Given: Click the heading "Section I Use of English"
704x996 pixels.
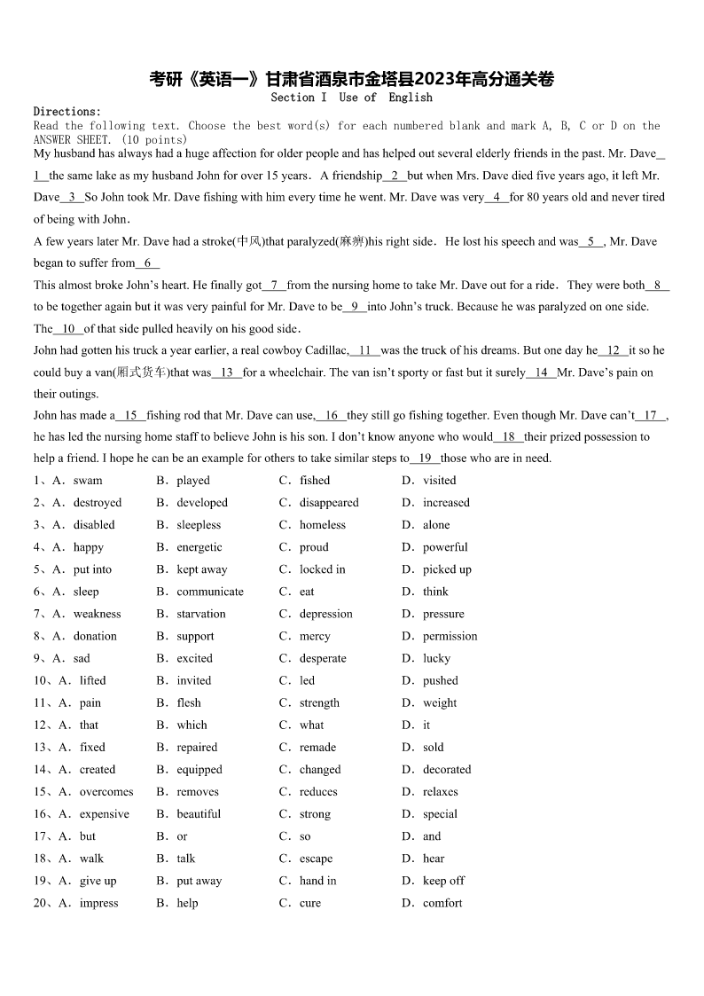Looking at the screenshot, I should pyautogui.click(x=351, y=98).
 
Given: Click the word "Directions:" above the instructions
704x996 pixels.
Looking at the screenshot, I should pyautogui.click(x=67, y=112).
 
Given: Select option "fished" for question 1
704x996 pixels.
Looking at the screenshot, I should pyautogui.click(x=314, y=481).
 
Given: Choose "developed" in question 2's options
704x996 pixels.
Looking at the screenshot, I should pyautogui.click(x=202, y=503).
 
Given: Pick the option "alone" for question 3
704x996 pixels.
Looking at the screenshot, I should pyautogui.click(x=436, y=525).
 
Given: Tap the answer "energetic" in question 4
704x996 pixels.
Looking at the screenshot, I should pyautogui.click(x=199, y=547).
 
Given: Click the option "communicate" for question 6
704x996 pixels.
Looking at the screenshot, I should pyautogui.click(x=210, y=592).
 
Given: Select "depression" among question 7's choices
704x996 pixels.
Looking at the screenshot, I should pyautogui.click(x=325, y=614).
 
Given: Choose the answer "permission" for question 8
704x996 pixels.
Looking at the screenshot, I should pyautogui.click(x=450, y=636).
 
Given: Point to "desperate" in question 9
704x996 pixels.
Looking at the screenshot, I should pyautogui.click(x=323, y=658).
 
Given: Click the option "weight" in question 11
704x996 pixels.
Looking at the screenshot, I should pyautogui.click(x=440, y=703).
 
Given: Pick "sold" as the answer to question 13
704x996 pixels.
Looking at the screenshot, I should pyautogui.click(x=434, y=748).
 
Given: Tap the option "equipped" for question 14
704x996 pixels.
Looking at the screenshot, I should pyautogui.click(x=199, y=770).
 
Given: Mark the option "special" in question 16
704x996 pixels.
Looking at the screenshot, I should pyautogui.click(x=440, y=814).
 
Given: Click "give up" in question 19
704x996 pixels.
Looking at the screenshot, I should pyautogui.click(x=98, y=881).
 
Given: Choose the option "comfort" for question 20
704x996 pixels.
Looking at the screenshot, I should pyautogui.click(x=442, y=903).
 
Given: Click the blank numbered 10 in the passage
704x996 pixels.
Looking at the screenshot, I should pyautogui.click(x=68, y=329).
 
